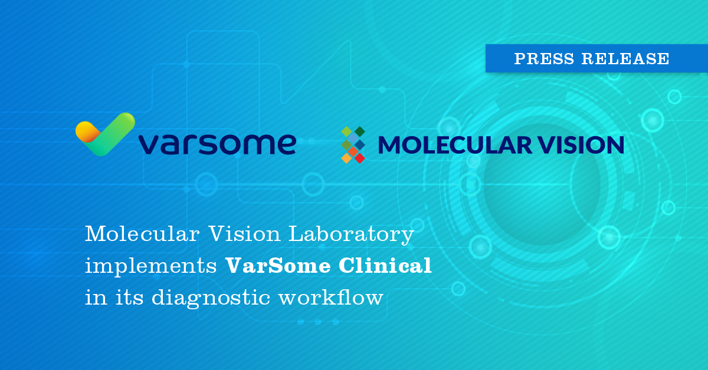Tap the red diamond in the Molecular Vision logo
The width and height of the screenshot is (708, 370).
(x=359, y=158)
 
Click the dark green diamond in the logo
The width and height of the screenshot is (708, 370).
(x=359, y=131)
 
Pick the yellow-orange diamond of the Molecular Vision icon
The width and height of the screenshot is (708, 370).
(x=346, y=158)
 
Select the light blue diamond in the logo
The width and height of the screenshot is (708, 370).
(x=353, y=138)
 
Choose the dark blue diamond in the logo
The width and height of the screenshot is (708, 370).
(x=359, y=144)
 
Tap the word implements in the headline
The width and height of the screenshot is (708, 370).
(x=150, y=266)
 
